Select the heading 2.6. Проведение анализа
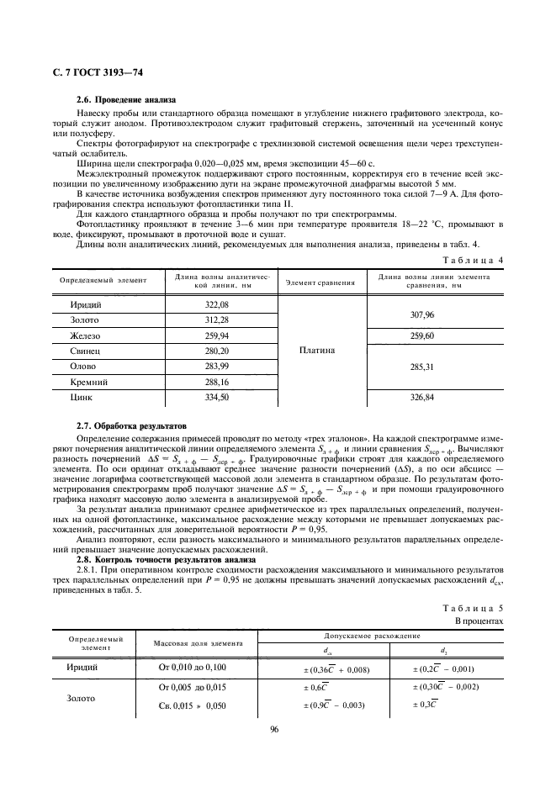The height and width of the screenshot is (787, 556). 128,100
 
